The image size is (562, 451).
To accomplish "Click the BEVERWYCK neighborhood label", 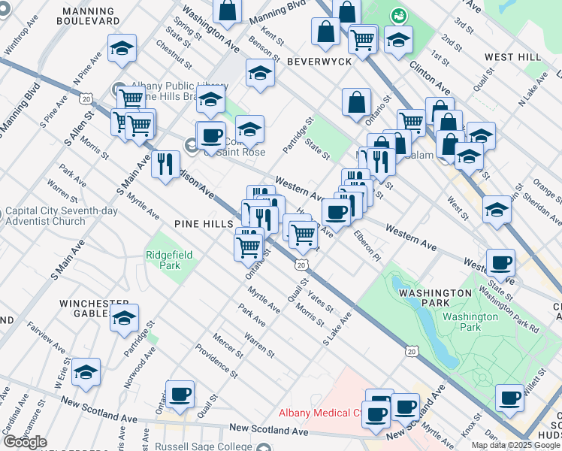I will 319,61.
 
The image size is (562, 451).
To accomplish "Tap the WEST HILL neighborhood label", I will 512,57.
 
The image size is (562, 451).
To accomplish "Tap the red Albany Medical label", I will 321,413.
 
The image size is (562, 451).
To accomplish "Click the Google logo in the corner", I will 25,442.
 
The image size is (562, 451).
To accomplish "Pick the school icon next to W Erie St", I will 86,372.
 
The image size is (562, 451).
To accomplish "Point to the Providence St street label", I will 216,361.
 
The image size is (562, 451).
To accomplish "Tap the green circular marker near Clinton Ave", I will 397,15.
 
